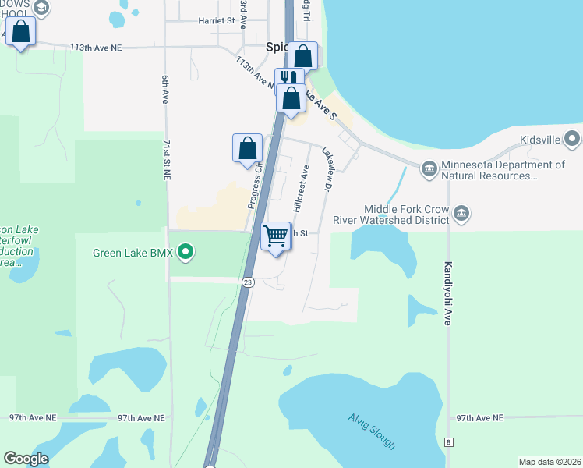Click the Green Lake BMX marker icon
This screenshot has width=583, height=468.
coord(185,252)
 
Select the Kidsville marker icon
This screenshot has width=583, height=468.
coord(573,140)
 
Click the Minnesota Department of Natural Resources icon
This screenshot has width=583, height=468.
coord(429,169)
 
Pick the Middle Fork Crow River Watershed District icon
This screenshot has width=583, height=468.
coord(461,214)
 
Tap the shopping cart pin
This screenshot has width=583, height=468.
coord(276,236)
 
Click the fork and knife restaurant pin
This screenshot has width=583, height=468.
coord(290,78)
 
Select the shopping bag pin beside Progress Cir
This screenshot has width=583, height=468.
coord(247,147)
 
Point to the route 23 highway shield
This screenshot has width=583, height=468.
coord(247,282)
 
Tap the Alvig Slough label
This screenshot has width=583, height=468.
coord(372,430)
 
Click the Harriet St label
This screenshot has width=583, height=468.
coord(217,21)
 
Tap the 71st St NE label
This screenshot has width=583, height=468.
coord(167,161)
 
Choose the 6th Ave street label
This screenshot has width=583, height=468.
coord(165,90)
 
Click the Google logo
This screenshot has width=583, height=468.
coord(26,459)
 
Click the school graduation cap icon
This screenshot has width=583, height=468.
coord(41,9)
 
